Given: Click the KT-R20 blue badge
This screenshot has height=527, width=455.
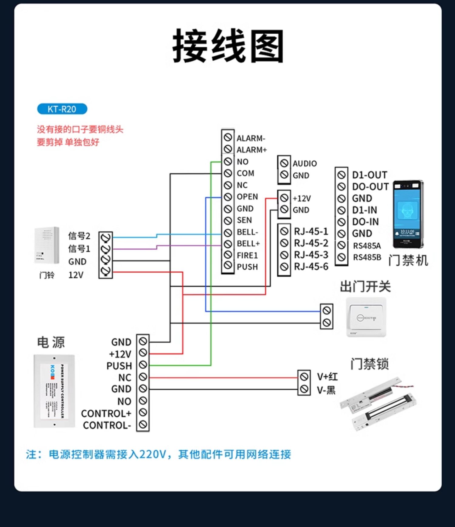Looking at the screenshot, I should pos(62,109).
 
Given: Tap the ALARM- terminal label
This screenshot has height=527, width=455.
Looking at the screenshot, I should pos(251,138).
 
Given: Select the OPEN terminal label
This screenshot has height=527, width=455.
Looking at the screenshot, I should pos(247,197).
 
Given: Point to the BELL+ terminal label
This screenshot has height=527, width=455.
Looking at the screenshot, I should pos(248,244).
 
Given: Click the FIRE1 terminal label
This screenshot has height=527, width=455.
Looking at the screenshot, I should pos(247,256).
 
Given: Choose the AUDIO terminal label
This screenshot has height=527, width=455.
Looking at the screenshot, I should pos(305,164).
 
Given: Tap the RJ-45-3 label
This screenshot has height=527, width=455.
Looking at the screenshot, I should pos(311,255).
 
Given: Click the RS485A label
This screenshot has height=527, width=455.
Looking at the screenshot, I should pos(367,246).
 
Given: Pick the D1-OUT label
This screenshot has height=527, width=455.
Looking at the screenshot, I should pos(369,175).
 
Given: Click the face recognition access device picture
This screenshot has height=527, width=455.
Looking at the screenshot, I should pos(407,214).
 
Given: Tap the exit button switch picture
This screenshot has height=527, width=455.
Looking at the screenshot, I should pos(366,317).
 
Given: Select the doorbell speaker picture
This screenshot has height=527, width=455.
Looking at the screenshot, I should pos(47,245).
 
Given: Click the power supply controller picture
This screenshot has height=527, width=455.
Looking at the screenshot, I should pos(54,391).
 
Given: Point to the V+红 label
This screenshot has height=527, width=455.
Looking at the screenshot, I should pos(327,377).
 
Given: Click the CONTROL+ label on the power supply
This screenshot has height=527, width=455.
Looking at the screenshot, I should pos(106,414).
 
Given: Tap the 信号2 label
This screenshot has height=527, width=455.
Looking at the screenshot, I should pos(79,236).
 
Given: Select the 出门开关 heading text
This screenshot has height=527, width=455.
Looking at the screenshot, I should pos(365,287).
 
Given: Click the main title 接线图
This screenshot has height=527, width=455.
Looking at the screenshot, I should pos(228,46).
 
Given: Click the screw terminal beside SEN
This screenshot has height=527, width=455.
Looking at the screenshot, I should pos(228,221).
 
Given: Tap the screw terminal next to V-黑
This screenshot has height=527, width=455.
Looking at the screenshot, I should pos(304,389).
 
